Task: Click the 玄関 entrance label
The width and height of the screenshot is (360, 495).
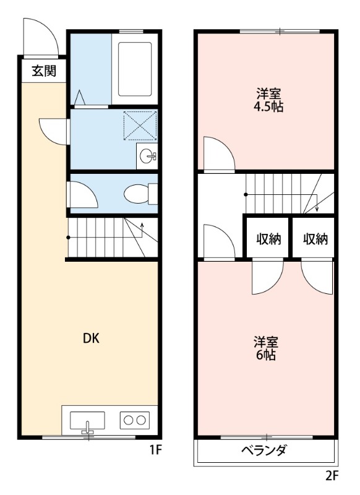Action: (44, 71)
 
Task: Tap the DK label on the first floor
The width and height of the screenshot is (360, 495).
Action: (91, 338)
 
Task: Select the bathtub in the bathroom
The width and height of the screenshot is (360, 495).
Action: (135, 69)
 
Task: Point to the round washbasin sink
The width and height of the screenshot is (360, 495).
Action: (148, 156)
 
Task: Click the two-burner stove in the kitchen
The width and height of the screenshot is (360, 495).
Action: (135, 420)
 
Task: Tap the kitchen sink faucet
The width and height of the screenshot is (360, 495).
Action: (88, 427)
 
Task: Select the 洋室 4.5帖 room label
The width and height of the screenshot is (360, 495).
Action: (268, 100)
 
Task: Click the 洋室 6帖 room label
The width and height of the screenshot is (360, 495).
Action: (265, 348)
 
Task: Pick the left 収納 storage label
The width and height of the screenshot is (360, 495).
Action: (268, 239)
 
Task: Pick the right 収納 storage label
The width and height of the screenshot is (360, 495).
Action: (315, 239)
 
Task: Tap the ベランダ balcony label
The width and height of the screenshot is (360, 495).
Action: (264, 450)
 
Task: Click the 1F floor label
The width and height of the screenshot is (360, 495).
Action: (155, 450)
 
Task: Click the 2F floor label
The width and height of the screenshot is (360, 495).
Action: (332, 475)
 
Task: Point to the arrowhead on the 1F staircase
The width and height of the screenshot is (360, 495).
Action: (142, 225)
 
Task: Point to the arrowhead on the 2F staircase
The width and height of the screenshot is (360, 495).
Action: (317, 209)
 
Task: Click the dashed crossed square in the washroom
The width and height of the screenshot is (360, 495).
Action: (140, 126)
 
